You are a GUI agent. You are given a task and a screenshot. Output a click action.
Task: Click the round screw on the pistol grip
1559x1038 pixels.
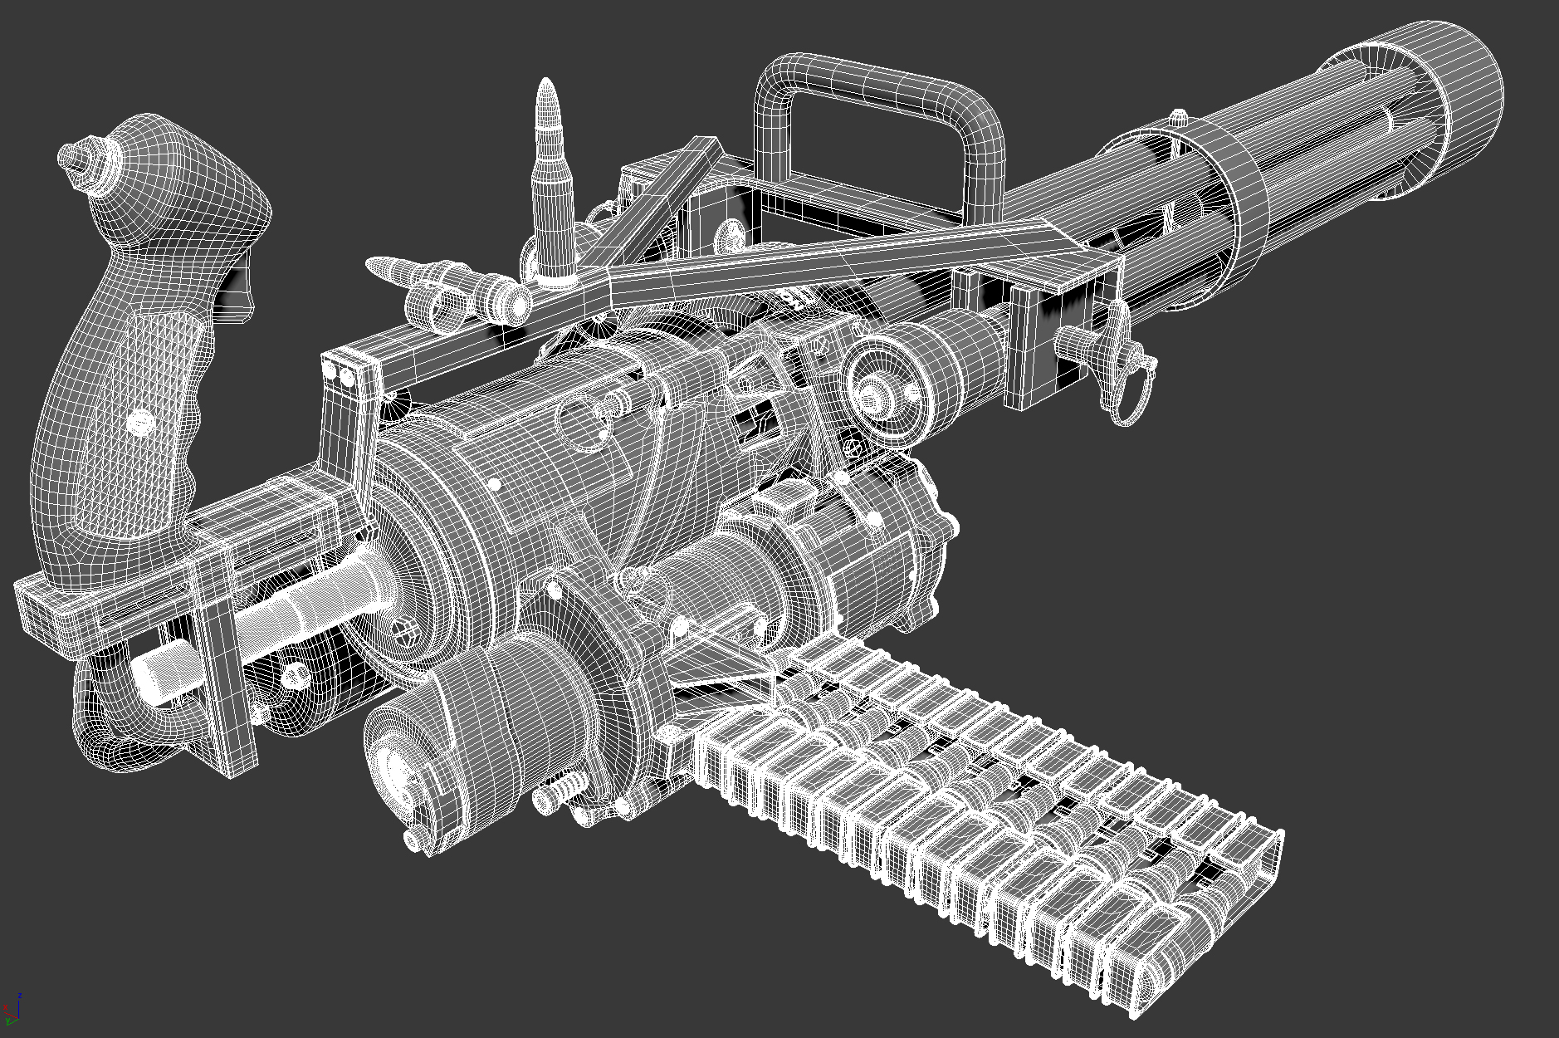142,424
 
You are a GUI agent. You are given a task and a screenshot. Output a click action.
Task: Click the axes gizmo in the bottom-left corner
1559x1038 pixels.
12,1009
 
